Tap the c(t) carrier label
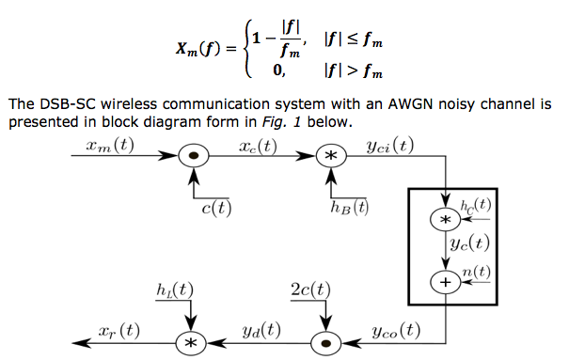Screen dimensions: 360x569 click(x=216, y=208)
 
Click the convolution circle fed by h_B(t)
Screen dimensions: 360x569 click(x=329, y=157)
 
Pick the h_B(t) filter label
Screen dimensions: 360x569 click(x=349, y=208)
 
